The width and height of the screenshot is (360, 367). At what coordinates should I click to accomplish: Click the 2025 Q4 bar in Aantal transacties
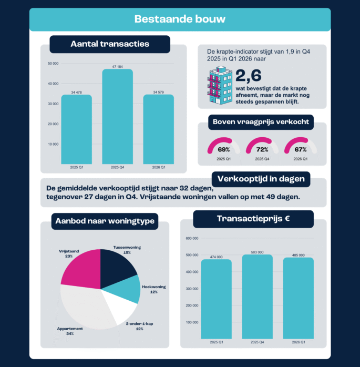(117, 117)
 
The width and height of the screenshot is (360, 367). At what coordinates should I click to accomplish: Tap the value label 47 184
(117, 67)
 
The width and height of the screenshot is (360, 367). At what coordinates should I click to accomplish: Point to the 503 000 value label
(258, 252)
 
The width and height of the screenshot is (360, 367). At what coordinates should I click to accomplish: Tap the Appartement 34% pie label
(70, 331)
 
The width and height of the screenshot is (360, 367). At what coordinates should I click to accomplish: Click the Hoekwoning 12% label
(153, 289)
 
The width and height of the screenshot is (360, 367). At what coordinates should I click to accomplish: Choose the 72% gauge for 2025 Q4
(259, 148)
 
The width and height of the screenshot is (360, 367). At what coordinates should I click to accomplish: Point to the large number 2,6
(249, 75)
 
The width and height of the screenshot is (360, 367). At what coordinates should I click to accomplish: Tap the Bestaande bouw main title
(180, 19)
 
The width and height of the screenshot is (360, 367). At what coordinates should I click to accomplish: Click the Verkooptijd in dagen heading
(261, 179)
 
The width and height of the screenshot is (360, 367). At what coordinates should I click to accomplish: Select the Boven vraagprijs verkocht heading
(261, 122)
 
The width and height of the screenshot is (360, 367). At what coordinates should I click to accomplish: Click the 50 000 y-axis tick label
(53, 64)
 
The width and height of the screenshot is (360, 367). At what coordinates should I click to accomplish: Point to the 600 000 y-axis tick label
(192, 238)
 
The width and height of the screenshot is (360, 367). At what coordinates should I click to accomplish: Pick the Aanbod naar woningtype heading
(105, 221)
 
